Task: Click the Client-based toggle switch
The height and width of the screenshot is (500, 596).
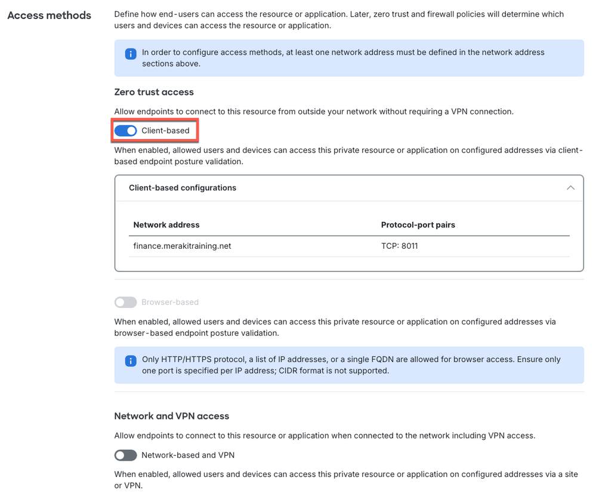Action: point(126,131)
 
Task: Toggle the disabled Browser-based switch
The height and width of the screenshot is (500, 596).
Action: point(126,303)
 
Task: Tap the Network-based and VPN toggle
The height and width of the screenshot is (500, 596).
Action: point(126,455)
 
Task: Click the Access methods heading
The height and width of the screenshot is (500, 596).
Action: point(49,16)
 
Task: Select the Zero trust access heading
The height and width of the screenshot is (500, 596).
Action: point(154,92)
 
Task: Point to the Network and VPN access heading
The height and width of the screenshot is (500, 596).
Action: point(172,416)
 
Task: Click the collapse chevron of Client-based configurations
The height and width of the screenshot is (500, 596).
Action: point(570,188)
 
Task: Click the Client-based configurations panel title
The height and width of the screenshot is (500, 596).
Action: point(183,188)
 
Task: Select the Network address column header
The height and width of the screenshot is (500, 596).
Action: point(166,225)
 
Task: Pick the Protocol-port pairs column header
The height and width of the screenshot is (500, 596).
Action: point(418,225)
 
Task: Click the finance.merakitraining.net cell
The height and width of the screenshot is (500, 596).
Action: point(182,245)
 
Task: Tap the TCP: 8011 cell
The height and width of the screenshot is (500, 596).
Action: point(400,245)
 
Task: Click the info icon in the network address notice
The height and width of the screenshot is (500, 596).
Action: point(130,54)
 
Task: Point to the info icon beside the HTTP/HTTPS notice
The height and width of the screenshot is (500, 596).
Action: point(130,361)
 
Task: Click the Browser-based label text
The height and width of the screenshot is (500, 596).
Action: point(170,303)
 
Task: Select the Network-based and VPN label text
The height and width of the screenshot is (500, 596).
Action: point(188,455)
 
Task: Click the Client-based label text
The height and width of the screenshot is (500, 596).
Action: point(165,131)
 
